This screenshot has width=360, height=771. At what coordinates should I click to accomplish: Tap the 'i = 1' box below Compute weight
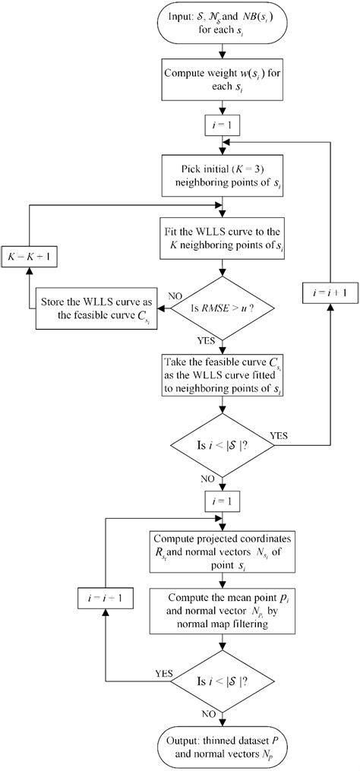[222, 125]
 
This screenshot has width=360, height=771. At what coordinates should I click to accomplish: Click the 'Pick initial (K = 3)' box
[222, 176]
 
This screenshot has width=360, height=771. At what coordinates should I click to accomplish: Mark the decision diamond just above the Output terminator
[222, 681]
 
